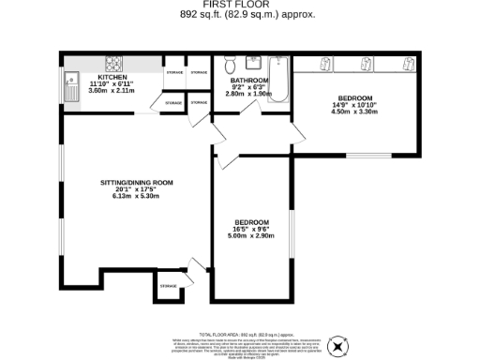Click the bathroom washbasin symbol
coord(253,65)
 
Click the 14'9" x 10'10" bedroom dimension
coord(355,105)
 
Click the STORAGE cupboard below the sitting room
coord(169,286)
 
